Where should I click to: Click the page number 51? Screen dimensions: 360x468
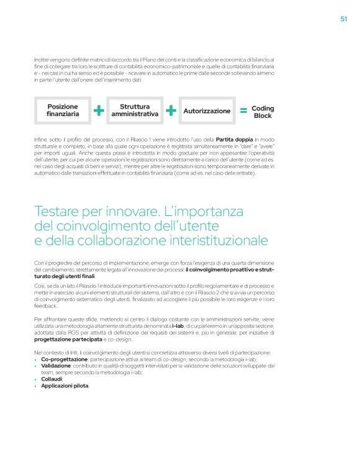[343, 19]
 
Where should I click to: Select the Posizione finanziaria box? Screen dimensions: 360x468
[63, 110]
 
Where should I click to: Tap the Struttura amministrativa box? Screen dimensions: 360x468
[135, 110]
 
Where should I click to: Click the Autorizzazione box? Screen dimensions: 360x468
[207, 111]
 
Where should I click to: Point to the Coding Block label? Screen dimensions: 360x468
[263, 112]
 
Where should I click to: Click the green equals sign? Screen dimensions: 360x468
[243, 111]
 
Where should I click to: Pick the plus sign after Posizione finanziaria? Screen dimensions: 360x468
[99, 111]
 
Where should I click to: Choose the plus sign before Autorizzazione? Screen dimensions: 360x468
[171, 111]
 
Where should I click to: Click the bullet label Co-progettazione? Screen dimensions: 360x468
[64, 359]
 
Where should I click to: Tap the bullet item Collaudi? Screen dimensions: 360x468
[52, 379]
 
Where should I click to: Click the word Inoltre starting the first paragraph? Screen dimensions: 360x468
[43, 59]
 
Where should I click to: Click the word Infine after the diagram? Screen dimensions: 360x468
[41, 140]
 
